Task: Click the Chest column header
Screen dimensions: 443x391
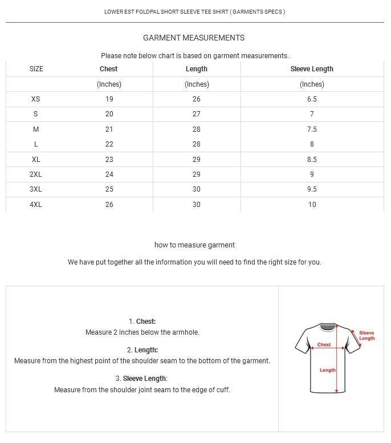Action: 108,69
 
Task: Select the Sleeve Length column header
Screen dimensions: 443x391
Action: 312,69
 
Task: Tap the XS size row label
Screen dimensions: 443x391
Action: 36,99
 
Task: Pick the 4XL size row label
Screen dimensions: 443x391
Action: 36,204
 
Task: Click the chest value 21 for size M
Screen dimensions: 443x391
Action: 109,129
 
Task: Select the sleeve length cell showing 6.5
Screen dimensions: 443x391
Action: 312,99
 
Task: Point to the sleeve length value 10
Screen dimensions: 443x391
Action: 312,204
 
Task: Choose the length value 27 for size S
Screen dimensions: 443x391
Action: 197,114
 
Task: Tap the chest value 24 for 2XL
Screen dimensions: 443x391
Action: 109,174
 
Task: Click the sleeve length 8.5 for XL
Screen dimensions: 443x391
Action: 312,160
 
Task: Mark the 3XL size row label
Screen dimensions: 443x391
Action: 36,189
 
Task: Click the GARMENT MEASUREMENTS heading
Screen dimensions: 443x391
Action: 194,38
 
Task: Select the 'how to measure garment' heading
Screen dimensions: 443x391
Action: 194,245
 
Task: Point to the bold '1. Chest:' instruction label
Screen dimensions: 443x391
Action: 142,322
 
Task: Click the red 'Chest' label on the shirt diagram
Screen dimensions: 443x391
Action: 324,344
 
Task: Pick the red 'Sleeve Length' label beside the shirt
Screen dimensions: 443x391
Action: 366,336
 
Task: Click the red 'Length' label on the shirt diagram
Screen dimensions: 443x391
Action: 328,370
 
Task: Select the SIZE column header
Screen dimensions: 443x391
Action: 36,69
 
